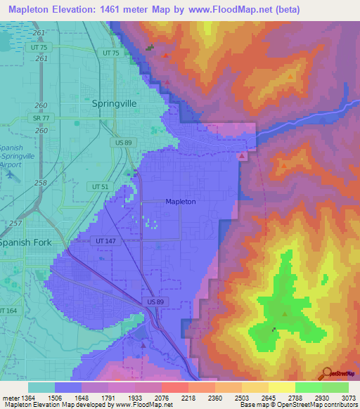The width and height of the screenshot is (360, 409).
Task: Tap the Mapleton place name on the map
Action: coord(180,202)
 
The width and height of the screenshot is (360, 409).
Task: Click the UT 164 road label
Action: coord(8,310)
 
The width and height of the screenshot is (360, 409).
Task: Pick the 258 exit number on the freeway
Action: coord(42,183)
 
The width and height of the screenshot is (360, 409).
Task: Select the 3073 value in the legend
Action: coord(348,398)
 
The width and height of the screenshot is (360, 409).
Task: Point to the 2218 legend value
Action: coord(188,398)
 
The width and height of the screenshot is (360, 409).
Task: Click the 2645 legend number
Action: coord(268,398)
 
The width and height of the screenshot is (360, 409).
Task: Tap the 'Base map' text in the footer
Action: coord(250,405)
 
